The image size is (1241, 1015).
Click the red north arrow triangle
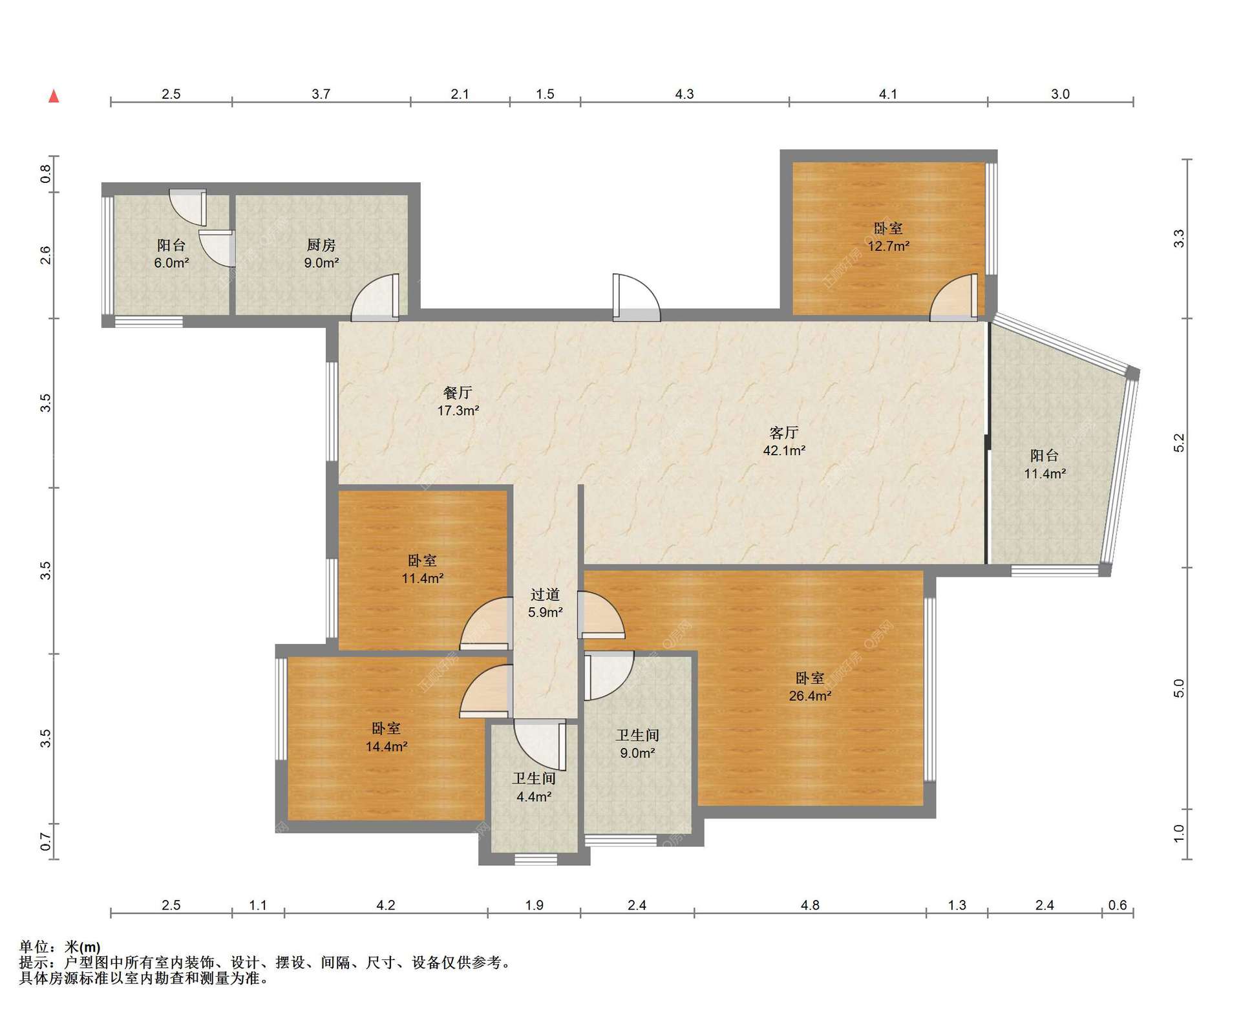click(54, 96)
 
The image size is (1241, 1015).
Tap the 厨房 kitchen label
click(321, 245)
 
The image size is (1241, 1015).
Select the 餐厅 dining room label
click(458, 392)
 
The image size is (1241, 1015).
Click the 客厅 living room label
click(784, 433)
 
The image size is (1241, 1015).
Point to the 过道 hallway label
click(545, 594)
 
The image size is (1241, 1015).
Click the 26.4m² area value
click(810, 696)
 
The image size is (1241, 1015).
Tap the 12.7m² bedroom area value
click(888, 246)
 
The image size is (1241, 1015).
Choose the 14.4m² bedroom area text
click(386, 747)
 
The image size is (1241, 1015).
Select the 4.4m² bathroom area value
click(534, 797)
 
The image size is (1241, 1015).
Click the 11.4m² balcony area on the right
click(1045, 474)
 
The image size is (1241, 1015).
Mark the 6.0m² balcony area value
click(171, 263)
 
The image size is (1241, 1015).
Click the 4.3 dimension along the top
click(684, 94)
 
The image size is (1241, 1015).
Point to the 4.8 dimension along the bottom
click(810, 905)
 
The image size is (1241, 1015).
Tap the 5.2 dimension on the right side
click(1179, 443)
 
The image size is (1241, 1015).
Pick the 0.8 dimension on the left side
click(45, 174)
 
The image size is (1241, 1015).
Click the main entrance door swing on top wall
click(637, 297)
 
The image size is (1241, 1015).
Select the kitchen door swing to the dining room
click(375, 297)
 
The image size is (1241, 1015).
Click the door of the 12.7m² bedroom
click(954, 297)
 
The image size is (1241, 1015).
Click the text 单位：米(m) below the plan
click(60, 947)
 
